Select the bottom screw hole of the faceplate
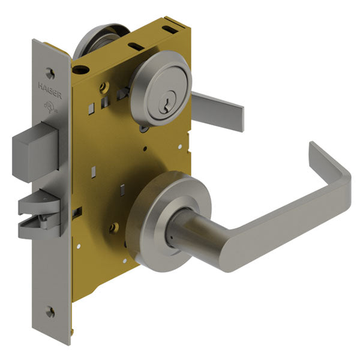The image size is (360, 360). click(50, 312)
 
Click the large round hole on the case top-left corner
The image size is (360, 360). click(76, 70)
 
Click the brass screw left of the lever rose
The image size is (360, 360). click(113, 227)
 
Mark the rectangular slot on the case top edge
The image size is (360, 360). click(137, 46)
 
